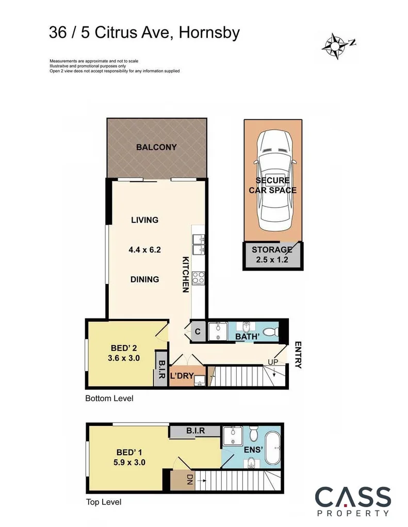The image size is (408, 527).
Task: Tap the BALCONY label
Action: pyautogui.click(x=156, y=147)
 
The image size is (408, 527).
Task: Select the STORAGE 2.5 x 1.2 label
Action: pyautogui.click(x=272, y=254)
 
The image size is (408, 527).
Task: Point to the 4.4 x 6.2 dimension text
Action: pyautogui.click(x=145, y=249)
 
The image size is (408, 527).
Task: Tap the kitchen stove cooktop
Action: pyautogui.click(x=199, y=278)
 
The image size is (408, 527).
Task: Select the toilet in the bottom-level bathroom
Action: pyautogui.click(x=268, y=331)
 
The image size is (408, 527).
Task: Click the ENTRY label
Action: pyautogui.click(x=298, y=355)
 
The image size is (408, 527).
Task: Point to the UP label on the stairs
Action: pyautogui.click(x=272, y=362)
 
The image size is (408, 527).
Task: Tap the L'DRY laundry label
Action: pyautogui.click(x=182, y=377)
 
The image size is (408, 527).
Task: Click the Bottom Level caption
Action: pyautogui.click(x=109, y=398)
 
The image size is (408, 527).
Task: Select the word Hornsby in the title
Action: pyautogui.click(x=210, y=34)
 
